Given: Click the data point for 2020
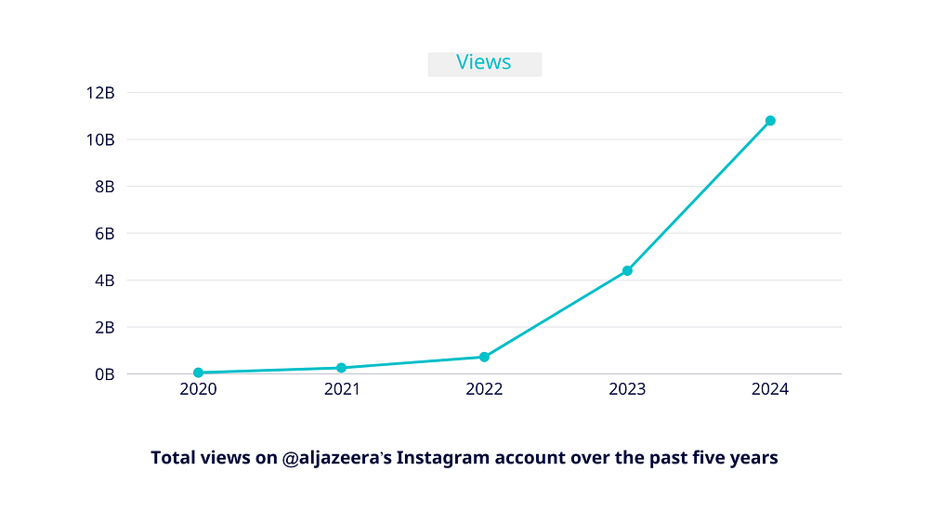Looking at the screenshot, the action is click(x=199, y=373).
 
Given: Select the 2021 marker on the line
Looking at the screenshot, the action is click(x=341, y=368).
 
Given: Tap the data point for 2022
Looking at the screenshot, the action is click(x=484, y=357).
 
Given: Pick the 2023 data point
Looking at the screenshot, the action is click(x=627, y=270).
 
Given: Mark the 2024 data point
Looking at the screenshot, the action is click(x=770, y=121).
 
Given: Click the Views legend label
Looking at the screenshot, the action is click(x=483, y=62).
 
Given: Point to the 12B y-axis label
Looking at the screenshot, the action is click(x=100, y=93).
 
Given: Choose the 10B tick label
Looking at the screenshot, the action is click(x=100, y=139).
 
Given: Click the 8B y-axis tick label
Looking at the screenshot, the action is click(x=104, y=187).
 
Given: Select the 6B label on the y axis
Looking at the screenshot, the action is click(x=104, y=233).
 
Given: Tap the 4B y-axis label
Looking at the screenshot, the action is click(x=104, y=281).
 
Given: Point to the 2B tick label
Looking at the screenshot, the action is click(x=104, y=327).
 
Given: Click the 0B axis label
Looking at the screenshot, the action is click(x=104, y=374).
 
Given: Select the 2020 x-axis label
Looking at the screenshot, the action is click(x=199, y=389).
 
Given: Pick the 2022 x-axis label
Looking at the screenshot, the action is click(x=484, y=389).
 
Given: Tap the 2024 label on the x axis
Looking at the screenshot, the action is click(x=770, y=389).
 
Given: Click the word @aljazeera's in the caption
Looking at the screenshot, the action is click(x=336, y=458).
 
